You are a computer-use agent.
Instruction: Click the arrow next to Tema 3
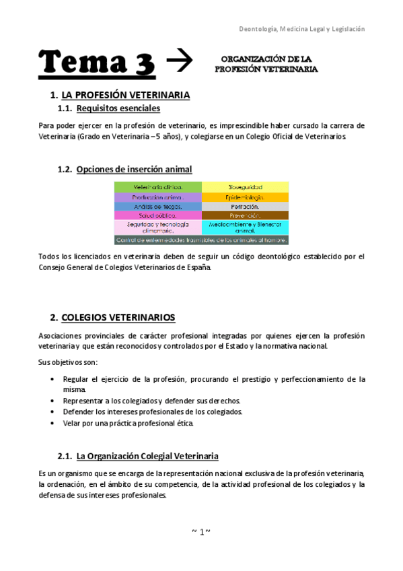click(x=179, y=61)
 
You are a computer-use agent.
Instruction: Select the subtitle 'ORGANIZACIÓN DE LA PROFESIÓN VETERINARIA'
click(x=266, y=64)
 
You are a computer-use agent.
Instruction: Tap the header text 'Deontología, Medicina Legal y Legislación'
click(x=302, y=29)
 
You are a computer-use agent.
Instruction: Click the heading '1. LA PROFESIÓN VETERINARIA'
click(x=124, y=95)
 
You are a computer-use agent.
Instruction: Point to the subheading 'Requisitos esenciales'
click(x=118, y=108)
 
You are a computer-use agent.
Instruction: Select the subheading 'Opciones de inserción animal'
click(x=134, y=169)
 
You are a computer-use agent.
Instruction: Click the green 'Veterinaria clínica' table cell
click(x=158, y=187)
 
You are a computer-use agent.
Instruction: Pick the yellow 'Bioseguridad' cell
click(x=246, y=187)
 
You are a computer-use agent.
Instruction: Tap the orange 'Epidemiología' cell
click(x=246, y=197)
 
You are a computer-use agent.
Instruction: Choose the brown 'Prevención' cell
click(x=246, y=215)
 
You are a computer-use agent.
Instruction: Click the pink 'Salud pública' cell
click(x=158, y=215)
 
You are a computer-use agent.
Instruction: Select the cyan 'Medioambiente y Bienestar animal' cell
click(x=246, y=227)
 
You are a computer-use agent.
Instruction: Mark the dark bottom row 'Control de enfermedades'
click(x=202, y=239)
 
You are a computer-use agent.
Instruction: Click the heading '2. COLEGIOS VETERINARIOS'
click(x=118, y=316)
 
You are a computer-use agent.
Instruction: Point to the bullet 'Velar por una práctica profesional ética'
click(x=128, y=423)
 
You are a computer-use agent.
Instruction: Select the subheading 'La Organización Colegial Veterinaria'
click(x=147, y=456)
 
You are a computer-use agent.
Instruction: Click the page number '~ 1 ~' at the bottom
click(x=201, y=532)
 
